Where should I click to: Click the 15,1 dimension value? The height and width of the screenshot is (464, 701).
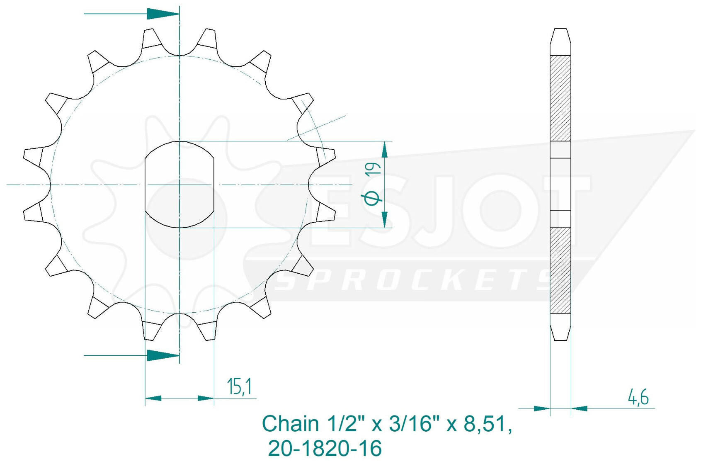pos(239,386)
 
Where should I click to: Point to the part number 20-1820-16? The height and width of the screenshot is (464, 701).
pos(325,448)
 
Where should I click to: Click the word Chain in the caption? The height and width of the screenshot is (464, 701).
pos(290,424)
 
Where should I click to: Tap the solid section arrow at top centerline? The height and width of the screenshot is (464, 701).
pos(163,14)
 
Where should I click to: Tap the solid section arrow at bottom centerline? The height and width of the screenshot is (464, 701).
pos(163,355)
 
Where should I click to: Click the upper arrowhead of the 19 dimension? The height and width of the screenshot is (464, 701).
pos(385,150)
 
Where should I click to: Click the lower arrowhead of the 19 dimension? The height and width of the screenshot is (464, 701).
pos(385,219)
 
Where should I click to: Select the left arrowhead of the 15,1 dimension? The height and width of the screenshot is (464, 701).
pos(153,398)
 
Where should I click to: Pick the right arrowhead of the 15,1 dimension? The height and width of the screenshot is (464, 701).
pos(206,398)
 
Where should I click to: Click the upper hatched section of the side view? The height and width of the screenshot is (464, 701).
pos(560,98)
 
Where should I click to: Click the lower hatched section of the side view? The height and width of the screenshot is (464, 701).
pos(560,270)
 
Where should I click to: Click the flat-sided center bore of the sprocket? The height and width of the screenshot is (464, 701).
pos(179,185)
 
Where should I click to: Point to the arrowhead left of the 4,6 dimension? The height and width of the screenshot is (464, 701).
pos(541,408)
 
